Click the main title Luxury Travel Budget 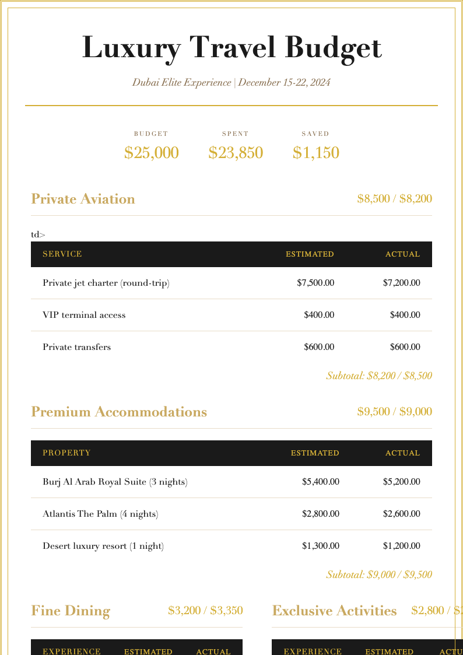tap(232, 48)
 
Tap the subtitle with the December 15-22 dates tap(232, 82)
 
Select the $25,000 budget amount tap(151, 153)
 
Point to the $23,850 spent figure tap(236, 153)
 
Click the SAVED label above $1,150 tap(315, 134)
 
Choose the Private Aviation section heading tap(83, 199)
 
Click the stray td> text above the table tap(38, 234)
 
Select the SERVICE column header tap(62, 254)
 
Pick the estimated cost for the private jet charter tap(315, 283)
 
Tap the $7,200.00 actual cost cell tap(401, 283)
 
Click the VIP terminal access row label tap(84, 315)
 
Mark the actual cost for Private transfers tap(405, 347)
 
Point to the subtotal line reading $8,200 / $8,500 tap(379, 376)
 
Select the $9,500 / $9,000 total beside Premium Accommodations tap(394, 412)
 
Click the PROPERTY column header tap(66, 453)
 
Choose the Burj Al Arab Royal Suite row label tap(115, 482)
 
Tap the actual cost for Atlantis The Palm tap(401, 514)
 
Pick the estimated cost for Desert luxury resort tap(320, 546)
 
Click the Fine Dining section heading tap(71, 611)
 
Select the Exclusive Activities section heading tap(334, 611)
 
